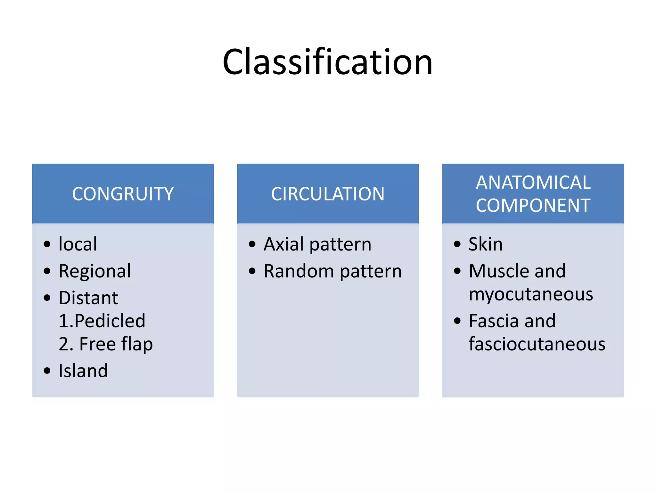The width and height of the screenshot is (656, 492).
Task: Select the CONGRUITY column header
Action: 123,194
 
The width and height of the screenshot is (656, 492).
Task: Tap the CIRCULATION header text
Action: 328,194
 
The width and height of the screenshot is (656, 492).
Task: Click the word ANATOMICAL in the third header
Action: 533,183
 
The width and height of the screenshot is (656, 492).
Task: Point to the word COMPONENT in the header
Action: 533,205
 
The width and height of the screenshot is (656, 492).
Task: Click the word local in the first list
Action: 78,244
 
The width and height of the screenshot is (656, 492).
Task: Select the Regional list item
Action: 95,271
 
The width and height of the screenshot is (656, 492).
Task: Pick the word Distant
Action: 88,298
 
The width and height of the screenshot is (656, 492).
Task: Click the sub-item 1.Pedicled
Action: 102,321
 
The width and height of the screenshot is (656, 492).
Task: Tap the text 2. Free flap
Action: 106,344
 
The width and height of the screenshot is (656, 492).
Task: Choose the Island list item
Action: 83,371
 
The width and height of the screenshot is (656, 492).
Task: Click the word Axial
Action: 284,244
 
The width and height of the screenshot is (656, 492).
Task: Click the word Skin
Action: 486,244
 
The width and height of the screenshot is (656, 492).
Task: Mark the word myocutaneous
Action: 531,294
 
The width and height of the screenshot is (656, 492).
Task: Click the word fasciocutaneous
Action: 537,344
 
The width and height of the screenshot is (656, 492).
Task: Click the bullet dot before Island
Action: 47,371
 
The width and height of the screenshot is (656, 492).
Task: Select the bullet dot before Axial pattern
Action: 252,244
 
